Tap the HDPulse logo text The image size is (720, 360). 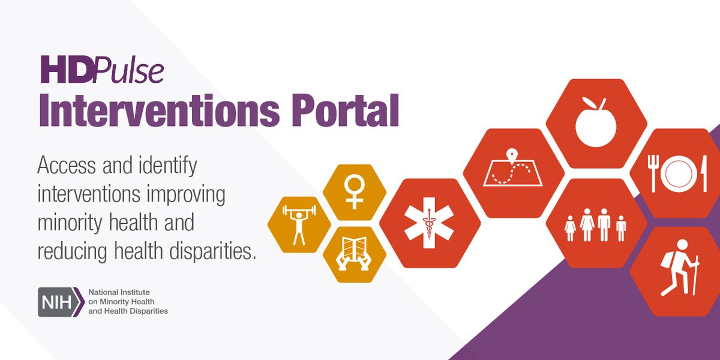(102, 70)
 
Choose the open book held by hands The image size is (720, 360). (354, 254)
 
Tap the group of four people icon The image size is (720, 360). (596, 224)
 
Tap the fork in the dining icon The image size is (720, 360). (652, 173)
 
